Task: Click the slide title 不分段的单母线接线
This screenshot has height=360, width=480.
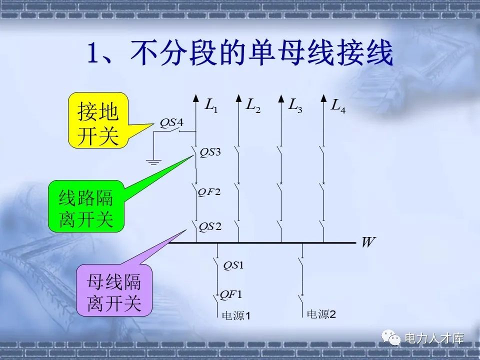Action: coord(240,54)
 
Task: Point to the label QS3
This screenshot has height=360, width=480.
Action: coord(210,152)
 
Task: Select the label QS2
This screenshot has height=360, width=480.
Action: coord(210,227)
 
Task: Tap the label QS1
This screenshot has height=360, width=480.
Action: coord(233,265)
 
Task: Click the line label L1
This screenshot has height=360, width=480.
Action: coord(211,106)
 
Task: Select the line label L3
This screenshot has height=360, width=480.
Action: coord(295,106)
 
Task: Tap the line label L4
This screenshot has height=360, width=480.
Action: coord(338,106)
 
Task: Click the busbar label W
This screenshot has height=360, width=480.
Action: coord(368,243)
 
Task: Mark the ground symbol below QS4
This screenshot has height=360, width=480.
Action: coord(154,161)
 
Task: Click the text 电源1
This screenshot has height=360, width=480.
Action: coord(236,315)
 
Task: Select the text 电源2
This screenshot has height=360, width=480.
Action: coord(320,314)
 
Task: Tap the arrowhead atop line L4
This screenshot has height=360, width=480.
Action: coord(324,98)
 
